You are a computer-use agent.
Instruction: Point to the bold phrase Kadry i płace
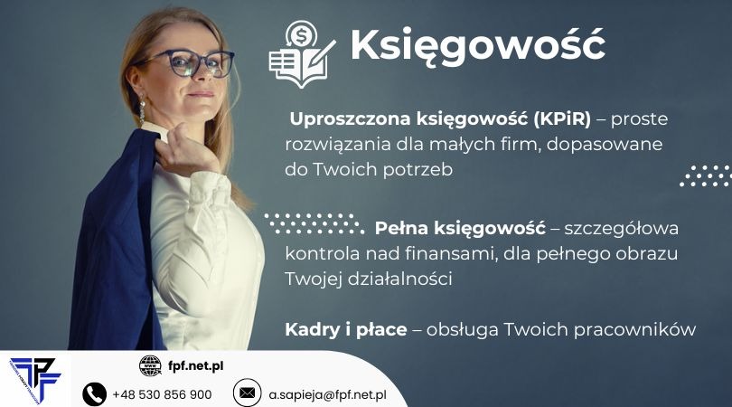point(346,329)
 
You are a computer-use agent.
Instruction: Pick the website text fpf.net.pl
point(196,365)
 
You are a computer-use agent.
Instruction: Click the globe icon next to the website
point(150,365)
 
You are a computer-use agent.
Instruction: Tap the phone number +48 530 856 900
point(162,394)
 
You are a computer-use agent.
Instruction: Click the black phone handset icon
point(94,393)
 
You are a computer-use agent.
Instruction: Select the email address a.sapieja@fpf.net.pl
point(327,394)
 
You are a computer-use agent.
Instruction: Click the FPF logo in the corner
point(34,378)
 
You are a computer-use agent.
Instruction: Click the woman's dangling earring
point(142,111)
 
